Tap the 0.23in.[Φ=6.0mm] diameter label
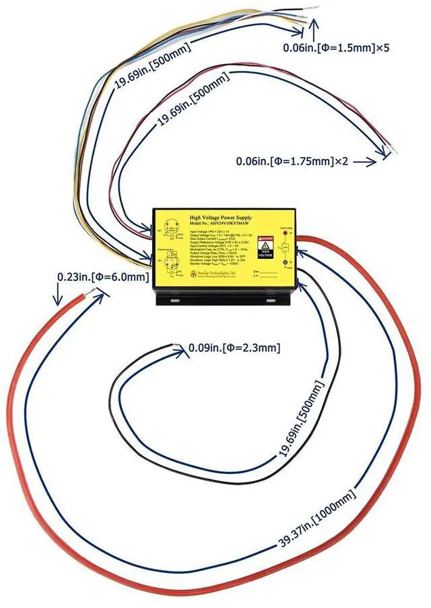tap(102, 277)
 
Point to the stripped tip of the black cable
tap(176, 347)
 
